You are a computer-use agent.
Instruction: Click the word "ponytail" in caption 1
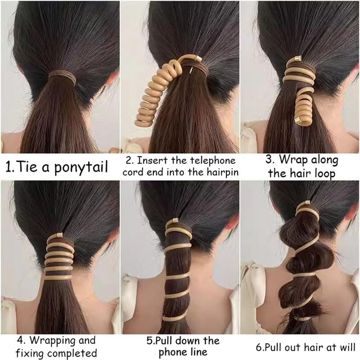pyautogui.click(x=81, y=167)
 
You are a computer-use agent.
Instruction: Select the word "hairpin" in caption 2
pyautogui.click(x=222, y=172)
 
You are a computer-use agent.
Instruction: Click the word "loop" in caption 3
pyautogui.click(x=325, y=174)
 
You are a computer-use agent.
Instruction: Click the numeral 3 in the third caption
pyautogui.click(x=269, y=159)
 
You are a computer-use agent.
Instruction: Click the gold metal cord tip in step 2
pyautogui.click(x=198, y=59)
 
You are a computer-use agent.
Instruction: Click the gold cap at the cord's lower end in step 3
pyautogui.click(x=298, y=119)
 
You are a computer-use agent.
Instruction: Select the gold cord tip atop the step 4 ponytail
pyautogui.click(x=59, y=235)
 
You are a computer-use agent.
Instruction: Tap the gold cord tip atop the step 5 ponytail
pyautogui.click(x=175, y=221)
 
